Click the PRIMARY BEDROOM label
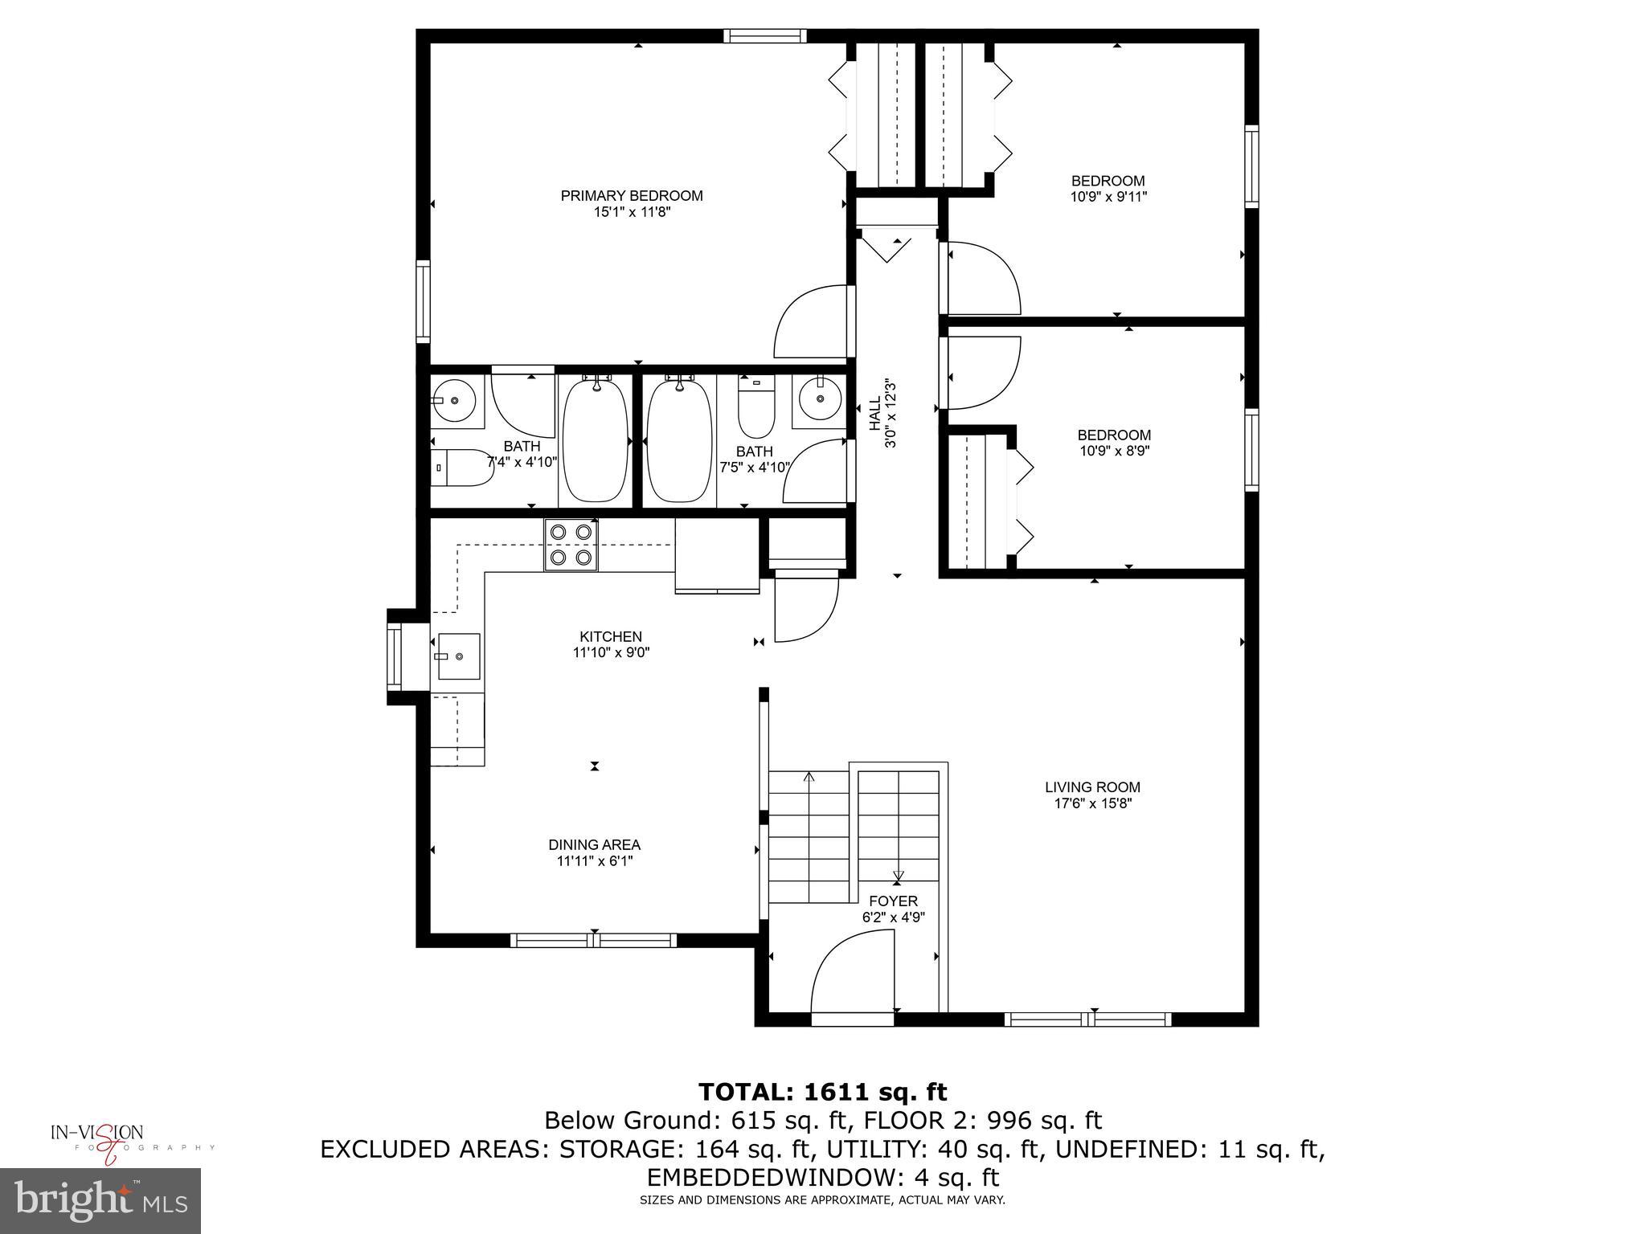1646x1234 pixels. (x=631, y=195)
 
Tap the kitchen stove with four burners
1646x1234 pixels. (x=571, y=544)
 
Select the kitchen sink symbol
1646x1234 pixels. (x=459, y=656)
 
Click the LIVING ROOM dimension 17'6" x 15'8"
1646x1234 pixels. (x=1092, y=803)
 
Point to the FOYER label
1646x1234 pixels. (x=892, y=901)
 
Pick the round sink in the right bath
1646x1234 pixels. (x=820, y=399)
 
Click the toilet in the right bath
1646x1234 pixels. (x=755, y=410)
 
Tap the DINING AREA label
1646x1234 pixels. (x=594, y=844)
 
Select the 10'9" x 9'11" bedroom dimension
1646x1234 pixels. (x=1108, y=196)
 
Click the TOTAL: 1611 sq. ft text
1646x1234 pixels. (x=822, y=1092)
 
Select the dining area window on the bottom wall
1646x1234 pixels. (x=594, y=940)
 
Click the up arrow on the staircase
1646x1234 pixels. (x=809, y=778)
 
